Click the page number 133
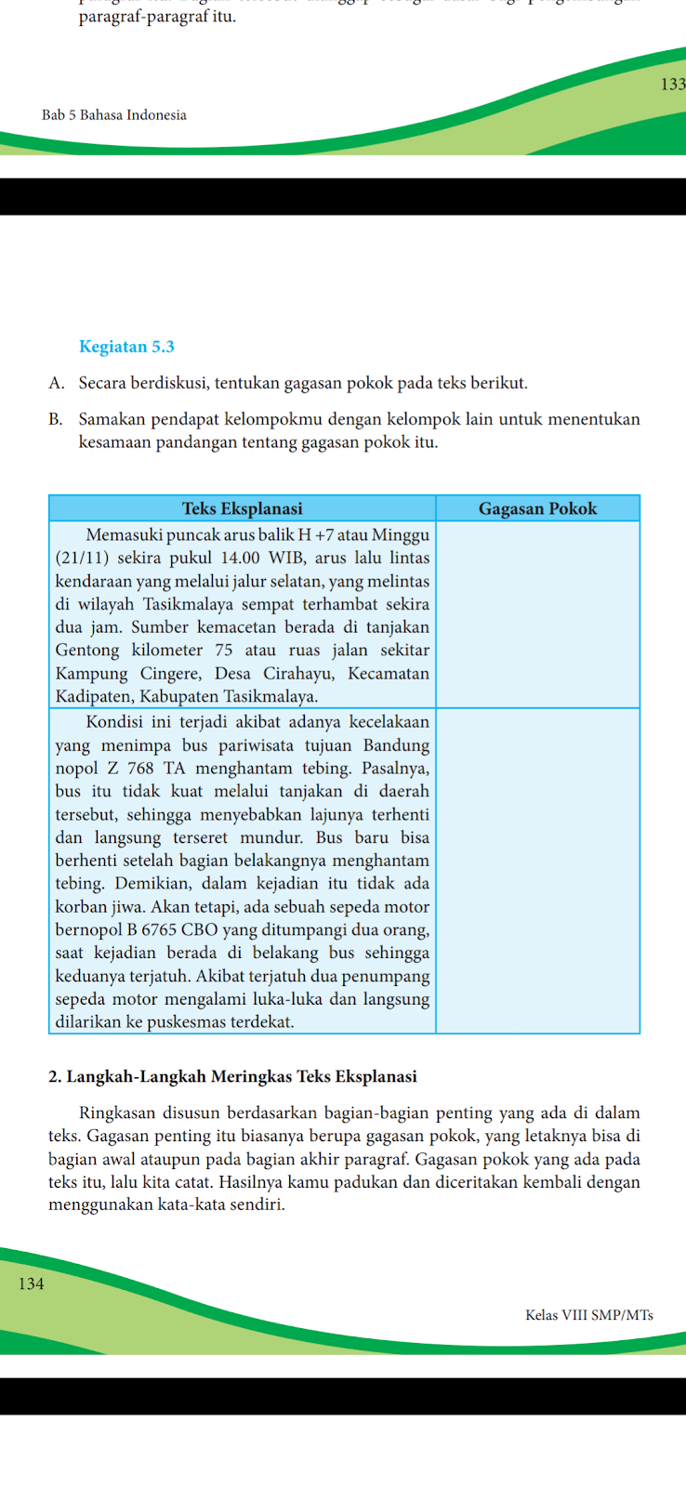click(673, 85)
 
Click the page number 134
click(31, 1283)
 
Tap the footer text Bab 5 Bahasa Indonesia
click(114, 115)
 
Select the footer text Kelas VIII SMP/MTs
click(589, 1315)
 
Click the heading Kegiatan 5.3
click(126, 347)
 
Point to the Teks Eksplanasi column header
click(242, 508)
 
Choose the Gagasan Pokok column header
click(537, 508)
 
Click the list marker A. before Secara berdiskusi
click(56, 383)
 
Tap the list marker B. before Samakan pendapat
click(56, 419)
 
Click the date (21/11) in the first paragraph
click(79, 558)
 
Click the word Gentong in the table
click(87, 651)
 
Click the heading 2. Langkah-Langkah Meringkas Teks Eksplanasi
click(232, 1077)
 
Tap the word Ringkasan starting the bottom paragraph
click(118, 1112)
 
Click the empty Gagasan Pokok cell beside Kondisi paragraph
click(537, 871)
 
